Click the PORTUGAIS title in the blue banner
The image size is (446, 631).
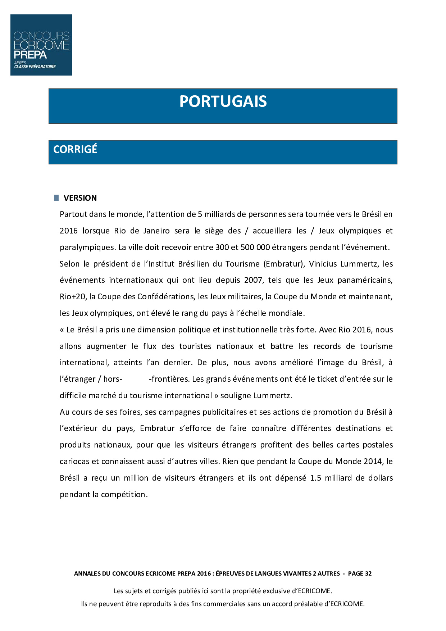(x=223, y=101)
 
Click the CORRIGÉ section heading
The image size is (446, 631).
(x=75, y=149)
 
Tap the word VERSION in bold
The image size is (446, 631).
(x=80, y=198)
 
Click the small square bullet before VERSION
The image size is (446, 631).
(x=56, y=198)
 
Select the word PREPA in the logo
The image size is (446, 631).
(x=30, y=55)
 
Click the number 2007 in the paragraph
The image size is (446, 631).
(x=253, y=280)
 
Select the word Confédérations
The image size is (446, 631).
(x=165, y=297)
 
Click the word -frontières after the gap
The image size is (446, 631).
(x=169, y=379)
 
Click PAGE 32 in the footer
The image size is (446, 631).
(x=360, y=574)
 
